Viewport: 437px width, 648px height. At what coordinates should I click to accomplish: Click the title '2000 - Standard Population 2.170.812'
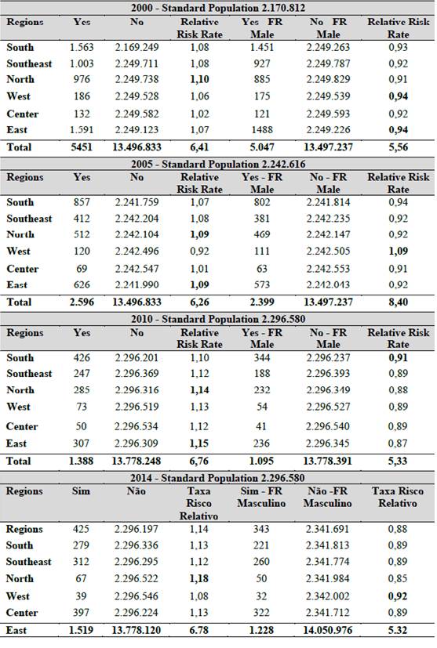pyautogui.click(x=218, y=7)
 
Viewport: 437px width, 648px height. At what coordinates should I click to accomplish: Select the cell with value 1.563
pyautogui.click(x=82, y=47)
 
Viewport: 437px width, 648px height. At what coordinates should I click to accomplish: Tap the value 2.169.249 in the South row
pyautogui.click(x=137, y=47)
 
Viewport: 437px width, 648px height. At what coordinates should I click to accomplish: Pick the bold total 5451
pyautogui.click(x=82, y=147)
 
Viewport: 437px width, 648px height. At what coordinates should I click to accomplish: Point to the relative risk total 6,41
pyautogui.click(x=199, y=147)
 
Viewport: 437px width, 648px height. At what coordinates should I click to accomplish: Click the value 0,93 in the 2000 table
pyautogui.click(x=398, y=47)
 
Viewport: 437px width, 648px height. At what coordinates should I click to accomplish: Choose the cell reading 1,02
pyautogui.click(x=199, y=114)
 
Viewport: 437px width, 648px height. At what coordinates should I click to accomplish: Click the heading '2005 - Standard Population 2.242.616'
pyautogui.click(x=218, y=164)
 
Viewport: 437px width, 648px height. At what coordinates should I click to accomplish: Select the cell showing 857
pyautogui.click(x=82, y=202)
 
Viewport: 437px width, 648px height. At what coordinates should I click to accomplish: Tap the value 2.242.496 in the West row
pyautogui.click(x=137, y=251)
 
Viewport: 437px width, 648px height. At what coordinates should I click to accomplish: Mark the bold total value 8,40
pyautogui.click(x=398, y=302)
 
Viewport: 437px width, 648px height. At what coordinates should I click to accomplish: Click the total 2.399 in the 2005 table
pyautogui.click(x=262, y=302)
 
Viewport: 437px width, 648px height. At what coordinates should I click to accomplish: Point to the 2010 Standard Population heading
pyautogui.click(x=218, y=319)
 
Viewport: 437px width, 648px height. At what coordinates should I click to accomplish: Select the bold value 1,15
pyautogui.click(x=199, y=443)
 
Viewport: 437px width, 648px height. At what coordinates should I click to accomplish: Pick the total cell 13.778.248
pyautogui.click(x=137, y=461)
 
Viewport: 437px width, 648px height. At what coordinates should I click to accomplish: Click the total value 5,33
pyautogui.click(x=398, y=461)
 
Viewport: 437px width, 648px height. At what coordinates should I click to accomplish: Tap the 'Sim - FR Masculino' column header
pyautogui.click(x=261, y=497)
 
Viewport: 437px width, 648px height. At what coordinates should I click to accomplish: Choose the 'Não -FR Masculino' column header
pyautogui.click(x=327, y=497)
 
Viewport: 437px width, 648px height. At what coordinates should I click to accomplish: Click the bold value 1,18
pyautogui.click(x=199, y=578)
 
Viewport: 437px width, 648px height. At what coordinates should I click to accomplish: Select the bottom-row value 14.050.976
pyautogui.click(x=327, y=630)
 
